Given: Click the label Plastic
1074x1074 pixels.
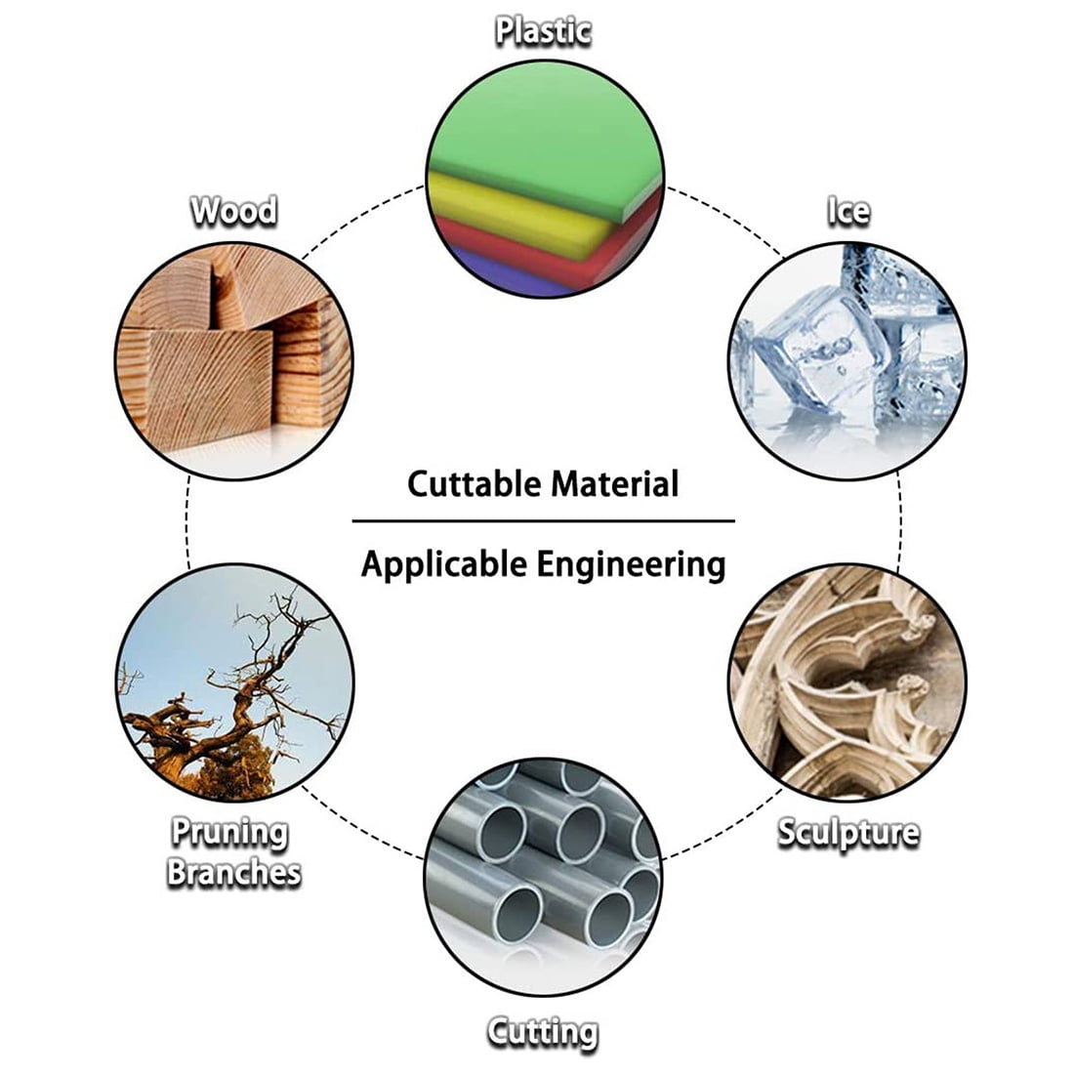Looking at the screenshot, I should tap(543, 30).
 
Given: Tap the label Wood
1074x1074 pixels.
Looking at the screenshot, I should tap(233, 210).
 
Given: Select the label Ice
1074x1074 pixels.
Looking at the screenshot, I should tap(847, 210).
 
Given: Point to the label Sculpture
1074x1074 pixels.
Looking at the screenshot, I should tap(847, 833).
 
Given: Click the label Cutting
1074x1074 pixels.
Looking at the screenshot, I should tap(543, 1031).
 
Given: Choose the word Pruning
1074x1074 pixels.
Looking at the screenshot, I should tap(230, 833).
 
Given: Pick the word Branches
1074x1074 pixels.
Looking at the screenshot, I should tap(233, 872).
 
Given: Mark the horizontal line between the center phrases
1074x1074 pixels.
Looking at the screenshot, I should tap(543, 521).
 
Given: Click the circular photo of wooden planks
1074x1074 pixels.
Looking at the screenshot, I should tap(234, 361).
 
